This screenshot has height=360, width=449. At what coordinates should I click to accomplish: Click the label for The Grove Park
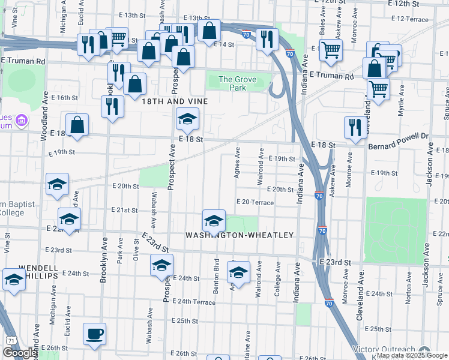coord(232,83)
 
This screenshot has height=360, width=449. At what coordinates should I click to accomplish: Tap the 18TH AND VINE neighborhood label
coord(175,101)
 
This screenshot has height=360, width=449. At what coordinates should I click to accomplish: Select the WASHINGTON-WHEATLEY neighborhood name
coord(240,235)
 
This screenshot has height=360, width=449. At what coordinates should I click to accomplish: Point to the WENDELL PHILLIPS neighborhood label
coord(38,271)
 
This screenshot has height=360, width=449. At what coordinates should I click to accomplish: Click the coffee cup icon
coord(94,334)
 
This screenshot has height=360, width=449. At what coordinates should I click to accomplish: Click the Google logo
coord(20,353)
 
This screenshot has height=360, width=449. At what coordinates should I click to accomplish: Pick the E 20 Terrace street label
coord(255,203)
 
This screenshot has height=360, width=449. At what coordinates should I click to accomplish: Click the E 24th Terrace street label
coord(193,302)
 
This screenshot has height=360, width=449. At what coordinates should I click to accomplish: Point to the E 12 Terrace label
coord(409,19)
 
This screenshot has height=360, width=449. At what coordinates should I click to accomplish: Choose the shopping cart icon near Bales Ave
coord(330,50)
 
